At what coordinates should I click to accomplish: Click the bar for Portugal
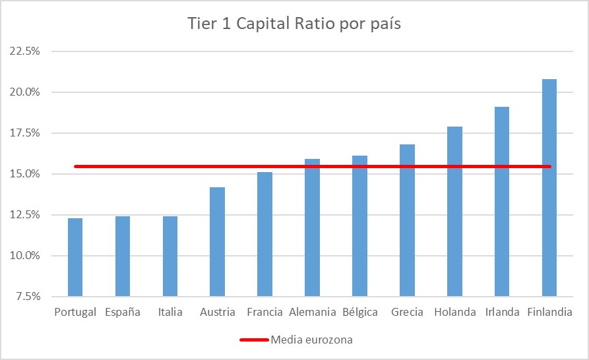tap(75, 257)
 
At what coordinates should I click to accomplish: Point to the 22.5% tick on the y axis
tap(24, 51)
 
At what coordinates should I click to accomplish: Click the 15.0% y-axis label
tap(24, 174)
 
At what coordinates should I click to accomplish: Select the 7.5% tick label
tap(26, 297)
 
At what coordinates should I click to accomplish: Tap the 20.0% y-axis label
tap(24, 92)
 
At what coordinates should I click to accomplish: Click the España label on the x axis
tap(123, 312)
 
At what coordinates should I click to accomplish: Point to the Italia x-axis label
tap(170, 312)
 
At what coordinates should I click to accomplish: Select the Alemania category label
tap(312, 312)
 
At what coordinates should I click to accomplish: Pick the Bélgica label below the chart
tap(359, 312)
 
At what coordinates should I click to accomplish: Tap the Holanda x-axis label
tap(454, 312)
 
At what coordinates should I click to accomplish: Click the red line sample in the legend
tap(255, 340)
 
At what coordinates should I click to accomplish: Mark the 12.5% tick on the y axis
tap(24, 215)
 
